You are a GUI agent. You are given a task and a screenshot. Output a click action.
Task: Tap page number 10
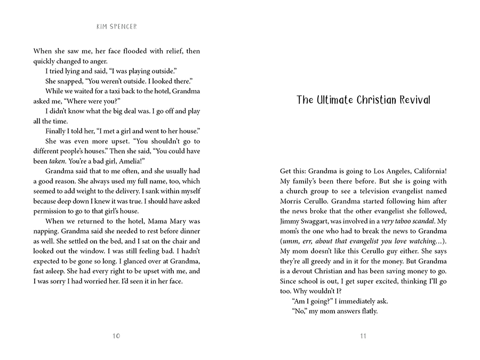(117, 335)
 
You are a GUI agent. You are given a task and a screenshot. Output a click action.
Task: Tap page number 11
(363, 335)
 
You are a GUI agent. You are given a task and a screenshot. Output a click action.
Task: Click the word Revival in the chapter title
(410, 100)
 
